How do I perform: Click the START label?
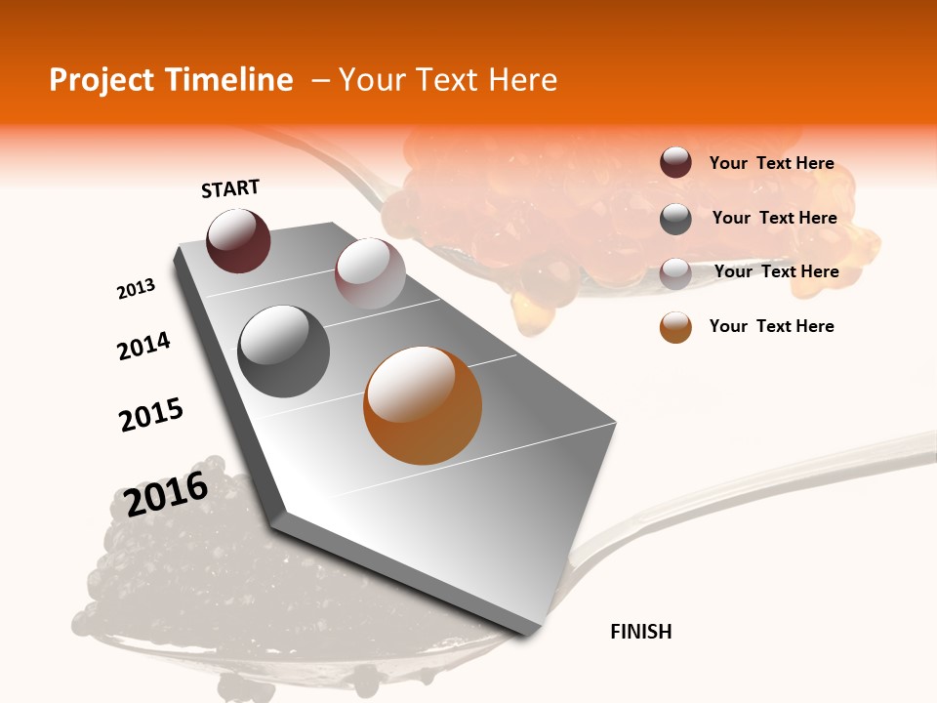pyautogui.click(x=230, y=187)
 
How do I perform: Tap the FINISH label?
pyautogui.click(x=640, y=632)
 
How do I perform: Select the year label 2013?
pyautogui.click(x=136, y=289)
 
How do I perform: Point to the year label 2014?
pyautogui.click(x=143, y=346)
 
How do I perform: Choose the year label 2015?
pyautogui.click(x=151, y=415)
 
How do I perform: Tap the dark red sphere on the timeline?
pyautogui.click(x=238, y=240)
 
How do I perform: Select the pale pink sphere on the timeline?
pyautogui.click(x=370, y=272)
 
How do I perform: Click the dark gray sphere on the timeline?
pyautogui.click(x=283, y=351)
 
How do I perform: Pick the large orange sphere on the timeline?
pyautogui.click(x=423, y=405)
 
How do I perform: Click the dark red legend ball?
pyautogui.click(x=675, y=163)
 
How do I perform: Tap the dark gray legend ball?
pyautogui.click(x=675, y=219)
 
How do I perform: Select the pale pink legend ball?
pyautogui.click(x=675, y=273)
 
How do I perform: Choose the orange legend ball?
pyautogui.click(x=675, y=327)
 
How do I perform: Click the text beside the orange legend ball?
pyautogui.click(x=771, y=326)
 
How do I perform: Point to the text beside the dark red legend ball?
pyautogui.click(x=771, y=163)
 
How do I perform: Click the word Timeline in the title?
pyautogui.click(x=231, y=80)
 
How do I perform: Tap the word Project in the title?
pyautogui.click(x=102, y=80)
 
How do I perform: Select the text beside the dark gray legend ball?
pyautogui.click(x=774, y=218)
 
